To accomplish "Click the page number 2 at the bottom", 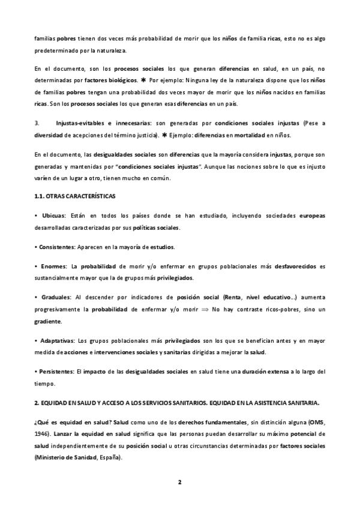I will (179, 481).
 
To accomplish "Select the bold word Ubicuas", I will (53, 215).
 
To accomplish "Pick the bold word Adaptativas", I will (58, 340).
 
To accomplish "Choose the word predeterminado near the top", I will (57, 50).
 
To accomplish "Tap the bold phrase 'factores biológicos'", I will (110, 79).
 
